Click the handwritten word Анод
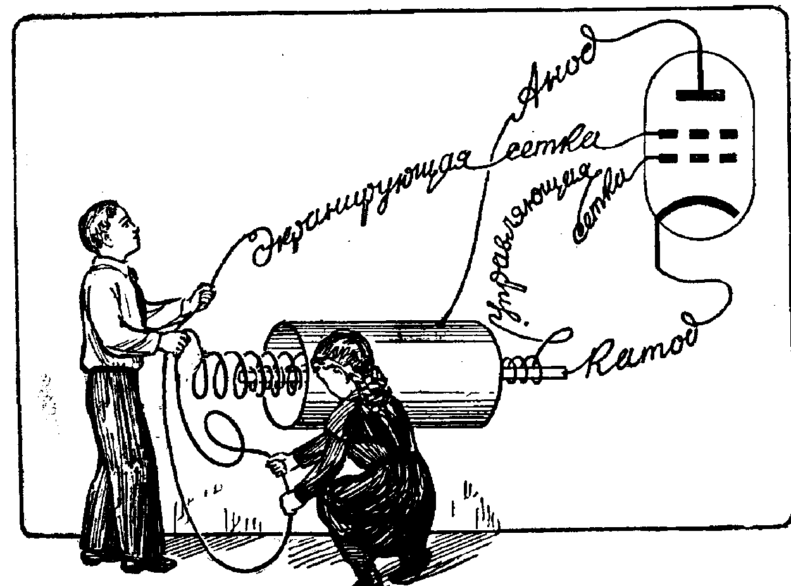[557, 77]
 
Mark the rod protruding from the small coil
[554, 374]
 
